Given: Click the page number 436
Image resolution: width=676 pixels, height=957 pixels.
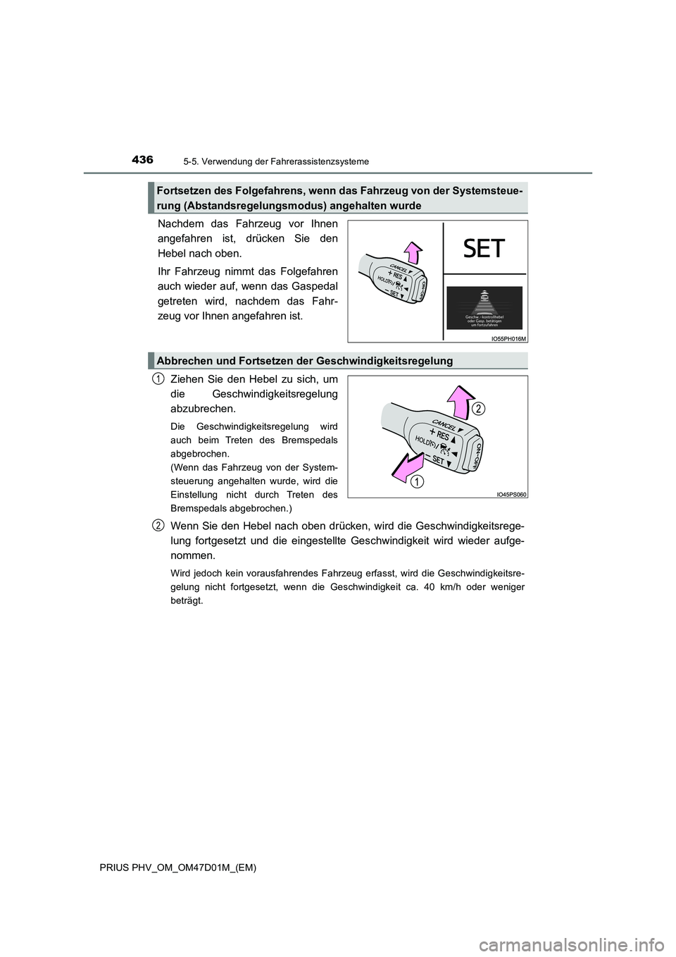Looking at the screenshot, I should (142, 160).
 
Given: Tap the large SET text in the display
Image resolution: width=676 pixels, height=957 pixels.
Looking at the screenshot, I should (484, 249).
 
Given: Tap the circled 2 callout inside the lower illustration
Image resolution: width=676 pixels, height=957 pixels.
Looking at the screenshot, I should (478, 409).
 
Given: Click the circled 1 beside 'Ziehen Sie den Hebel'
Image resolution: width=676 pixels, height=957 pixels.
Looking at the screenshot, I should (158, 379).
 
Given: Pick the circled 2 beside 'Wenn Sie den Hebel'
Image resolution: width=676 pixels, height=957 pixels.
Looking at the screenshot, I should (158, 524).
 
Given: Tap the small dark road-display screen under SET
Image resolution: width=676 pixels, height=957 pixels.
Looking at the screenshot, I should (484, 307).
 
